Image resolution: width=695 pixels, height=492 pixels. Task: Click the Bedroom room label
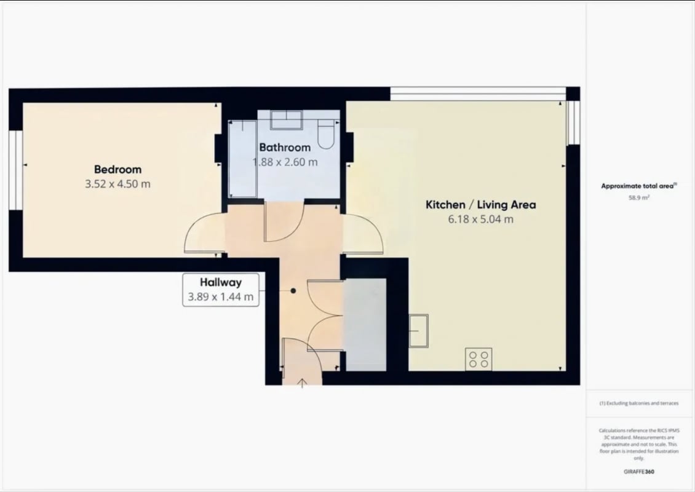pos(117,169)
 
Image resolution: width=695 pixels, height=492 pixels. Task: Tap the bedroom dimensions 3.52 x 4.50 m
pos(117,184)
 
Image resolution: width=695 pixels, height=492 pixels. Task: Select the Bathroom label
pos(285,147)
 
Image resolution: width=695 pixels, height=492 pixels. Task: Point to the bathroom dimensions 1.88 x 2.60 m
pos(285,162)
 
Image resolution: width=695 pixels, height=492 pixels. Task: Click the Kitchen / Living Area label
pos(480,205)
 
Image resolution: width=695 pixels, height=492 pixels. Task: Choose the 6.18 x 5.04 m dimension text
pos(480,220)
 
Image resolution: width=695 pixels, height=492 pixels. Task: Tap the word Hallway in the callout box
pos(221,282)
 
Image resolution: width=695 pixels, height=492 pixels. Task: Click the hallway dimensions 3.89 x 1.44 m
pos(221,297)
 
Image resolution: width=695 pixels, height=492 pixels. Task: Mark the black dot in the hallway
pos(293,291)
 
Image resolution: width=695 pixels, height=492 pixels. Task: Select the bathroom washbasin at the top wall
pos(287,119)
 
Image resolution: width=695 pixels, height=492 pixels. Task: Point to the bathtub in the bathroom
pos(242,159)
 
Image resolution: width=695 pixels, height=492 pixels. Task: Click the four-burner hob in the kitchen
pos(479,359)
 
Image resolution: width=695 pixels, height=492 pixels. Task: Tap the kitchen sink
pos(418,331)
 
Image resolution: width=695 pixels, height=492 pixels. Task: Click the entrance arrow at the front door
pos(302,383)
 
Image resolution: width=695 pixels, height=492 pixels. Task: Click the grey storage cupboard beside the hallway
pos(366,325)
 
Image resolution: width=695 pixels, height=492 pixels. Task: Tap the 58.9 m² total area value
pos(638,197)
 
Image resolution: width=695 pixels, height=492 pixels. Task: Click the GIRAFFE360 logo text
pos(638,472)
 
